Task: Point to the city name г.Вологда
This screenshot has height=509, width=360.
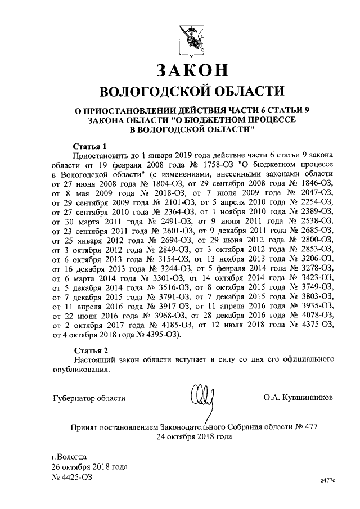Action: (69, 456)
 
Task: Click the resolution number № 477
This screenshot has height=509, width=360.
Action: (306, 426)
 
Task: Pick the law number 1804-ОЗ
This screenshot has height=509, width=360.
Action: (155, 184)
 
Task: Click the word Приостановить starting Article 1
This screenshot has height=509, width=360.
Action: (102, 155)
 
